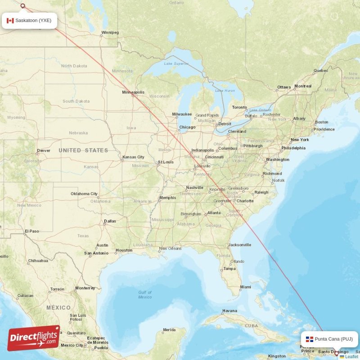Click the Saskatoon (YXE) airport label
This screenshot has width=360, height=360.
tap(33, 20)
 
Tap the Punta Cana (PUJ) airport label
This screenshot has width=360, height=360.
tap(333, 339)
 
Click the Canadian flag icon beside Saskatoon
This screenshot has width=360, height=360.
tap(10, 20)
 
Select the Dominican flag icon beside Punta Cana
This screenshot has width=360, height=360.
tap(310, 339)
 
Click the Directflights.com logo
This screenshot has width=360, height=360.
tap(34, 338)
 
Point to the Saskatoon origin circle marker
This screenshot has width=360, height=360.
tap(23, 6)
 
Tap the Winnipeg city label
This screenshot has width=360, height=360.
tap(110, 32)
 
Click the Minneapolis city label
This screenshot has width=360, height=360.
tap(133, 92)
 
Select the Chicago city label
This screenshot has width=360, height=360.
tap(187, 127)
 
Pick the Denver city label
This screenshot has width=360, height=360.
tap(44, 151)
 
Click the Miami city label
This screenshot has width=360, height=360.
tap(246, 287)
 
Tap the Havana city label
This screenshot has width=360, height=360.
tap(229, 311)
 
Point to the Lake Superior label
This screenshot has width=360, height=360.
tap(176, 63)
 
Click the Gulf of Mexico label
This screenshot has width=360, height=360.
tap(145, 295)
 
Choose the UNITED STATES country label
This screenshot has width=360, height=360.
tap(83, 150)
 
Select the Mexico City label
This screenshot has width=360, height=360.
tap(72, 345)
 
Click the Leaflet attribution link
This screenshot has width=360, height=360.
tap(351, 357)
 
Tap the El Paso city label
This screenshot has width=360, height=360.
tap(32, 231)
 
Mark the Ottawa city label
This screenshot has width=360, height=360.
tap(284, 87)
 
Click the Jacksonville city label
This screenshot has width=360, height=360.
tap(239, 245)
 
